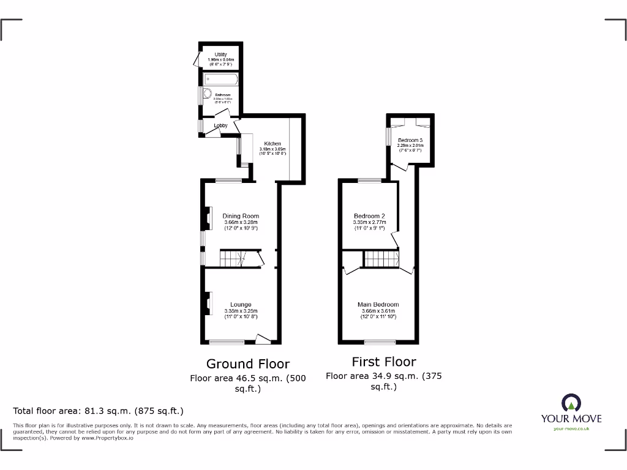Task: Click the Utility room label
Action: click(x=220, y=54)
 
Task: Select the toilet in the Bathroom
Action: click(x=207, y=94)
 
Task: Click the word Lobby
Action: click(x=220, y=125)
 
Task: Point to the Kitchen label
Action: click(x=272, y=143)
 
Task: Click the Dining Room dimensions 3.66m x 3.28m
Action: click(x=241, y=222)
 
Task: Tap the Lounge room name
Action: click(x=241, y=304)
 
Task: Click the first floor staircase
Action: click(x=380, y=259)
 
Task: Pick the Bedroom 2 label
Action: click(x=369, y=216)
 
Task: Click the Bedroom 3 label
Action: click(x=410, y=140)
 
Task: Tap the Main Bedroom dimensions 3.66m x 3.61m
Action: click(x=378, y=311)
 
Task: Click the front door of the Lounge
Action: click(x=263, y=338)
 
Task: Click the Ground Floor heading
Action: click(x=247, y=364)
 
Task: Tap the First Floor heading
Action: click(x=383, y=362)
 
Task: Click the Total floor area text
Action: click(x=98, y=411)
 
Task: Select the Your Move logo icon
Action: click(x=571, y=403)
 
